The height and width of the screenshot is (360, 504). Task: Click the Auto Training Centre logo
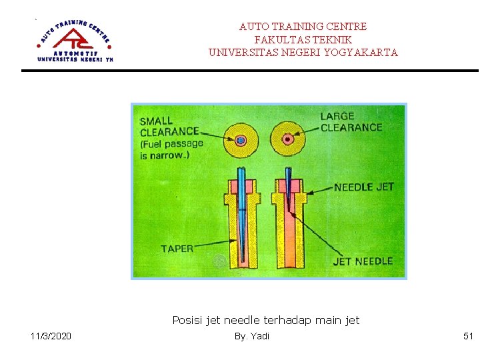point(75,41)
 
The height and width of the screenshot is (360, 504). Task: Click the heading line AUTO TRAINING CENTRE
point(303,27)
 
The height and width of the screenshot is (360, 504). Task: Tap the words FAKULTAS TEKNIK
point(303,39)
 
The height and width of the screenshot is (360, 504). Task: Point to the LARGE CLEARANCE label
point(351,121)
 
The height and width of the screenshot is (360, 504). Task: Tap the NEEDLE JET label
point(363,187)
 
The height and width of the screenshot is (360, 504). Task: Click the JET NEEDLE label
point(362,261)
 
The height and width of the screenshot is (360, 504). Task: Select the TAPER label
point(177,249)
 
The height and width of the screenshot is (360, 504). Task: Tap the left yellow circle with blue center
point(241,140)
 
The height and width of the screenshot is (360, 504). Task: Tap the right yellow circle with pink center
point(288,139)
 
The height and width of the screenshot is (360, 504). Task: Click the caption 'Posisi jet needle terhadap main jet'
point(265,320)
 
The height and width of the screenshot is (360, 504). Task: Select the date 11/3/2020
point(51,336)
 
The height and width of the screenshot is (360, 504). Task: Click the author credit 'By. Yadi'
point(251,336)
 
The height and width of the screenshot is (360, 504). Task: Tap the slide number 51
point(468,336)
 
